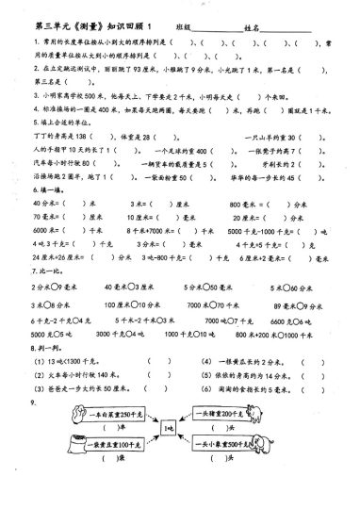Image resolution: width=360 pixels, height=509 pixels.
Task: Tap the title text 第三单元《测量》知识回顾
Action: (x=85, y=28)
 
